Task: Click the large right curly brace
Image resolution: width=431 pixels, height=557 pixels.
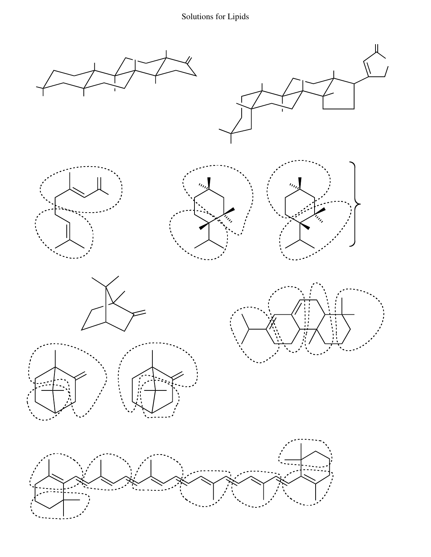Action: (355, 204)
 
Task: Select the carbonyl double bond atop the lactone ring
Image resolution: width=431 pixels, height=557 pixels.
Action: (377, 48)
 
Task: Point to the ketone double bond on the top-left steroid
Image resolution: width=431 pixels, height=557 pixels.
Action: (189, 60)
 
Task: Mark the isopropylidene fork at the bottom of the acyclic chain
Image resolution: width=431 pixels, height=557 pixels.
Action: (70, 242)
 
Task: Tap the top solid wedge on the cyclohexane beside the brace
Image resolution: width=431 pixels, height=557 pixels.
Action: (300, 183)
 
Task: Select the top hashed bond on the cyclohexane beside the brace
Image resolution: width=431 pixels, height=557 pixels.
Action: (295, 187)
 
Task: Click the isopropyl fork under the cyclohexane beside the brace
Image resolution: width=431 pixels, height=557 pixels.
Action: (300, 242)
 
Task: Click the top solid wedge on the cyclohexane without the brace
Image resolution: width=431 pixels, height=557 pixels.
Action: (209, 183)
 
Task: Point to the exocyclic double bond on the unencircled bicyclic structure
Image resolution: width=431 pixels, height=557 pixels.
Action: (139, 313)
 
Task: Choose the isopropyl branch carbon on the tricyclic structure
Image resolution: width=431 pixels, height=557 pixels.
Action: (249, 329)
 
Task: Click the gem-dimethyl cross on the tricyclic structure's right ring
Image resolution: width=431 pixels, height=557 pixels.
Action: (342, 314)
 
